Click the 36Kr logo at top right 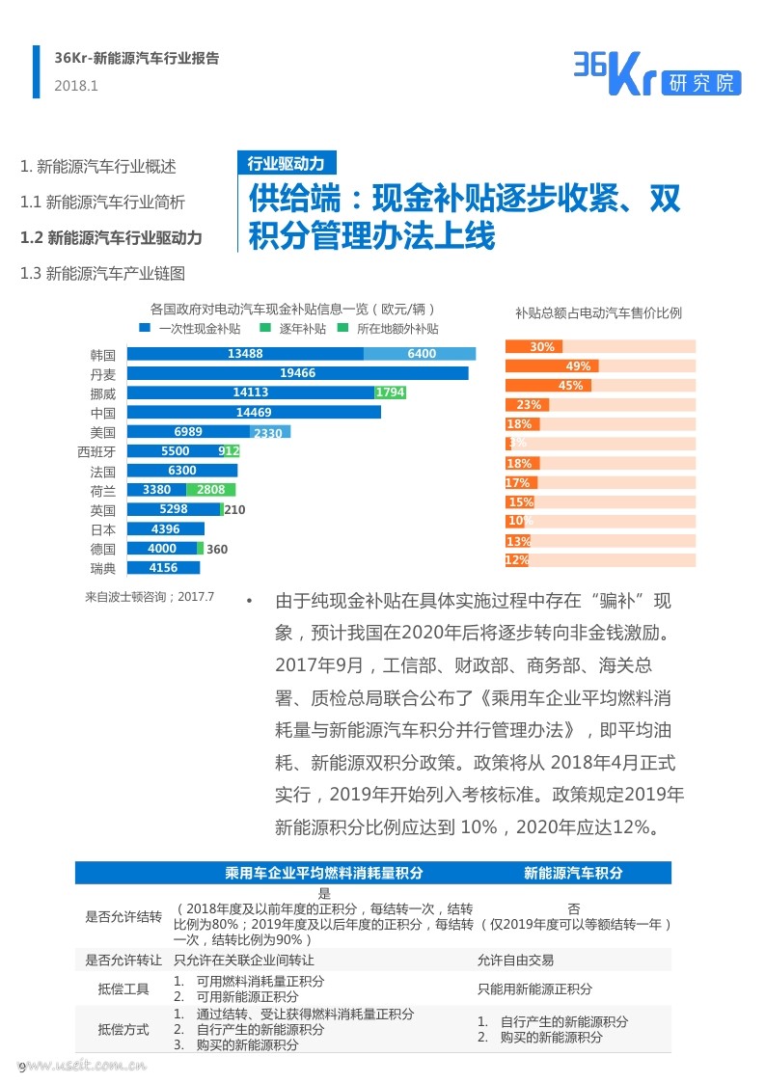point(657,74)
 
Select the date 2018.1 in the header point(76,87)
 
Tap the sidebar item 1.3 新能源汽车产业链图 point(102,274)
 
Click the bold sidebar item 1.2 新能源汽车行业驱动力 point(111,237)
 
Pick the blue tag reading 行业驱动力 point(287,163)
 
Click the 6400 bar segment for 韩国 point(420,354)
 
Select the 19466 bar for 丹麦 point(298,373)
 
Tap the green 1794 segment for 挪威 point(391,393)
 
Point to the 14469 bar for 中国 point(254,413)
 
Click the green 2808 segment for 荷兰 point(210,490)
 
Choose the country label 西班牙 point(96,451)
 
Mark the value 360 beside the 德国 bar point(217,549)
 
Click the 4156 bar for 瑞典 point(164,568)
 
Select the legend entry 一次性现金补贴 point(191,329)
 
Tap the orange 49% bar point(552,366)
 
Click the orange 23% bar point(528,405)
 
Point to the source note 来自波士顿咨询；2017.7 point(150,597)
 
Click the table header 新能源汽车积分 point(573,873)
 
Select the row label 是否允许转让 point(123,961)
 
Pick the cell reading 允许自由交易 point(515,961)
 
